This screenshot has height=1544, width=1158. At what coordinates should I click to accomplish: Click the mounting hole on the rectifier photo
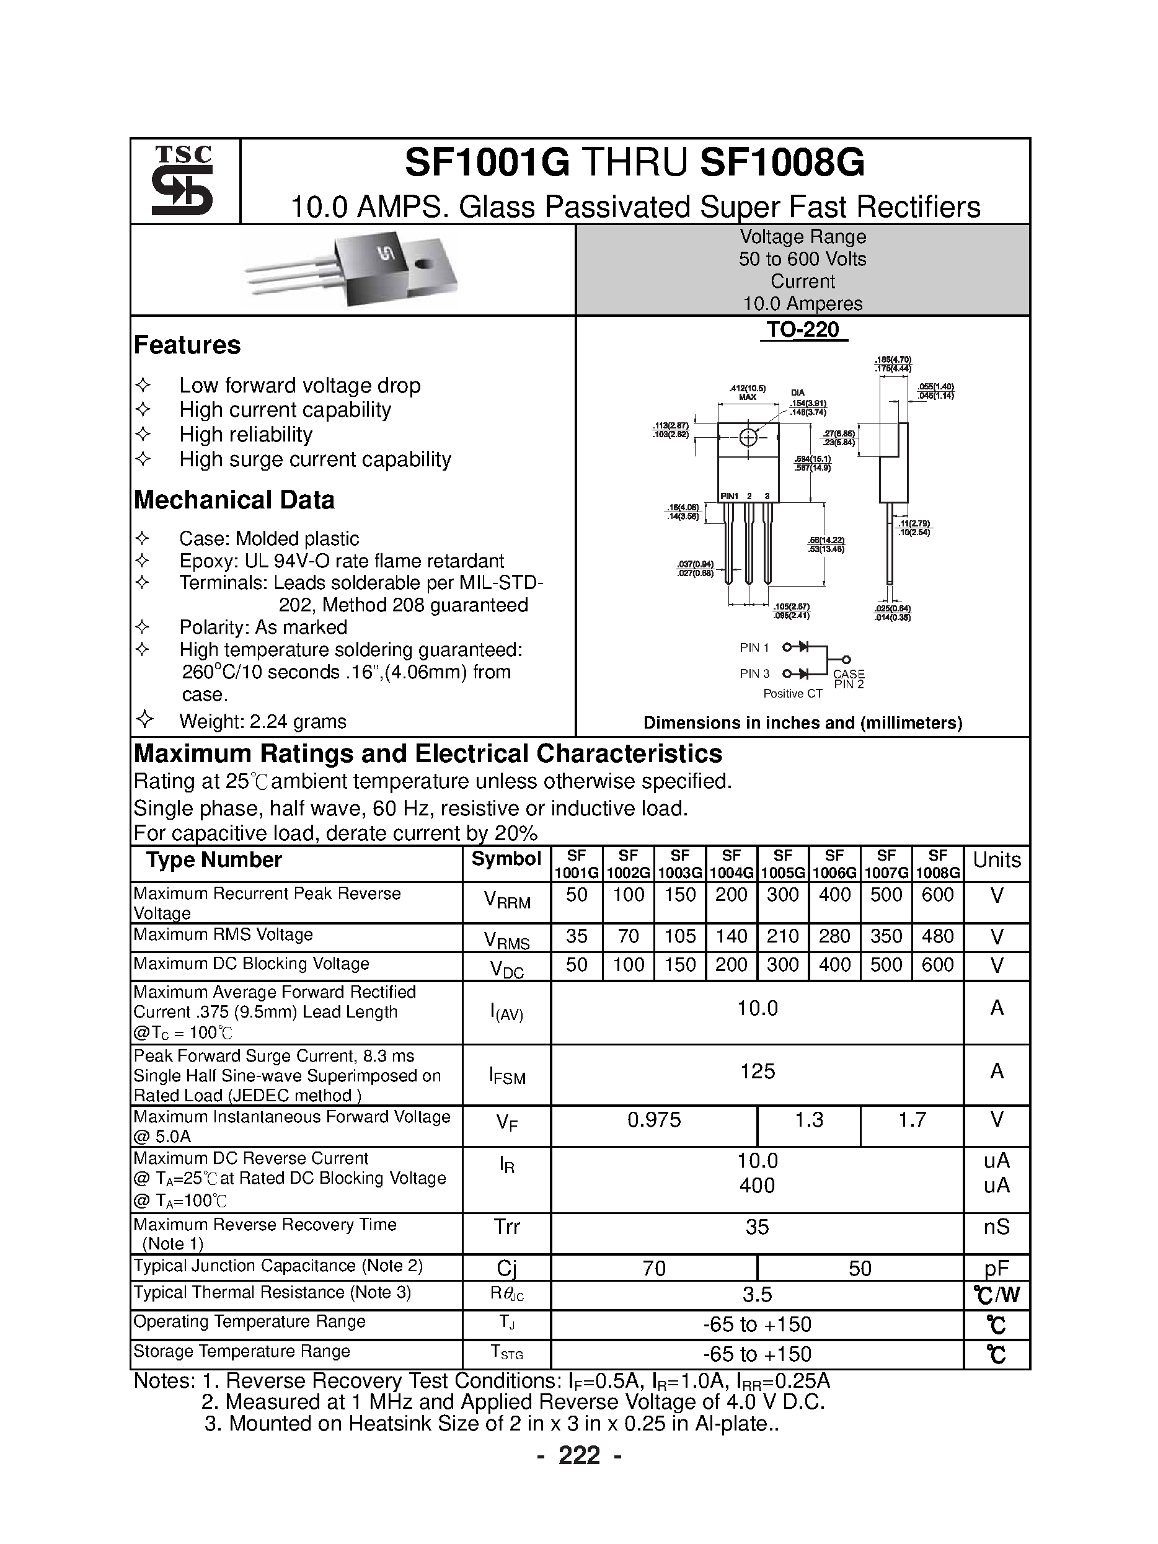[x=422, y=264]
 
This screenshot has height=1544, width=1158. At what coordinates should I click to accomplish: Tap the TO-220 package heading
[x=803, y=329]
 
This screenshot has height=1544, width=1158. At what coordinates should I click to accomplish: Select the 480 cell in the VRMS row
[x=937, y=936]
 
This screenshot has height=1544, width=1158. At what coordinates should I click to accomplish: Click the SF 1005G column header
[x=782, y=863]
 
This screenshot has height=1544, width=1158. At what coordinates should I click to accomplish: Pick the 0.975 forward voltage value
[x=654, y=1120]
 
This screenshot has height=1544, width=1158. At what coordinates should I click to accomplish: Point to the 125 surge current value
[x=758, y=1071]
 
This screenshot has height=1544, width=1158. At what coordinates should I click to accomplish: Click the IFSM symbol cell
[x=506, y=1075]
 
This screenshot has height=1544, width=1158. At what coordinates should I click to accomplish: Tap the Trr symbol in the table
[x=506, y=1227]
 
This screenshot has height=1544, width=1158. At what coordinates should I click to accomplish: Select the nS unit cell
[x=996, y=1227]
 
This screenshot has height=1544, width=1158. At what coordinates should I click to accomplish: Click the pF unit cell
[x=996, y=1267]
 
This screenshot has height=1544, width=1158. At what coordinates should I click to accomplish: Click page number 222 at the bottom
[x=580, y=1455]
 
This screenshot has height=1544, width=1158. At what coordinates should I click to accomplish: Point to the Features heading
[x=187, y=345]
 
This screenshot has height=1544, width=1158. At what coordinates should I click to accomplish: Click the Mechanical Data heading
[x=234, y=500]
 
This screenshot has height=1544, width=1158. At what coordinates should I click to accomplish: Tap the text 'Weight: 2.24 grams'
[x=262, y=721]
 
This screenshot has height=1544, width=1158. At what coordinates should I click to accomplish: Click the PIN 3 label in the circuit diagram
[x=754, y=673]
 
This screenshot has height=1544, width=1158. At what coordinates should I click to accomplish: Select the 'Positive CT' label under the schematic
[x=793, y=694]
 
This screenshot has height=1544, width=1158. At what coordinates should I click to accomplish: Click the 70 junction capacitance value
[x=654, y=1267]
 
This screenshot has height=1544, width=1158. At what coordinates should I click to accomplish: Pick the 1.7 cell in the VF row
[x=912, y=1120]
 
